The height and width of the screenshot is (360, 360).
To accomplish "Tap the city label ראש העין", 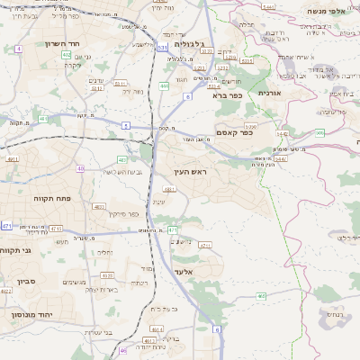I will tap(187, 171).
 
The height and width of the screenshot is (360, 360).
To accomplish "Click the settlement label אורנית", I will tap(270, 93).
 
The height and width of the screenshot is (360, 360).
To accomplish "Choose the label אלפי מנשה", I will tap(337, 10).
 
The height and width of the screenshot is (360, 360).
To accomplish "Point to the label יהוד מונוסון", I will tap(31, 315).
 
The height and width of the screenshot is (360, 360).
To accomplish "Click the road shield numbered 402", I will tap(66, 55).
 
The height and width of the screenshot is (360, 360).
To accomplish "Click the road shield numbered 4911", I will tap(13, 159).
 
